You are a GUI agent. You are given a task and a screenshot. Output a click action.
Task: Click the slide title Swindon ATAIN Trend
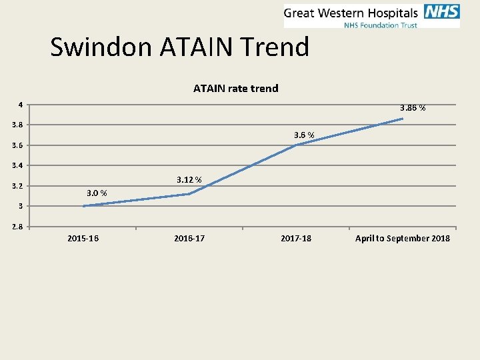180,47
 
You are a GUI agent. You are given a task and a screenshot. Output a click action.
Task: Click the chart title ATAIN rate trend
236,88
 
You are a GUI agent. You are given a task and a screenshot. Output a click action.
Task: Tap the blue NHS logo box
441,13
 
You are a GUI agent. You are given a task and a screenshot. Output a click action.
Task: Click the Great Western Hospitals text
351,13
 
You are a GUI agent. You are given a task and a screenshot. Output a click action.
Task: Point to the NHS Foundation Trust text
380,25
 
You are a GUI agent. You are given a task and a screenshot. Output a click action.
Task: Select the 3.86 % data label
413,107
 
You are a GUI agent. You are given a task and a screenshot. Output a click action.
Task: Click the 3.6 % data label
304,135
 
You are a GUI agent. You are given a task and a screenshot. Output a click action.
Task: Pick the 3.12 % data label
189,179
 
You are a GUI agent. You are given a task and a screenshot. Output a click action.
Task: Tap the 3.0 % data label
97,193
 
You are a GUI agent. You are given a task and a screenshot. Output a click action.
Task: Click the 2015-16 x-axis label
83,238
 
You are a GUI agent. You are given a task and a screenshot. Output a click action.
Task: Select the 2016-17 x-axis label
189,238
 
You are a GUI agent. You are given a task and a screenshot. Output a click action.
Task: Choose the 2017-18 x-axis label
296,238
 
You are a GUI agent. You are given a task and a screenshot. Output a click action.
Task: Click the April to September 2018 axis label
403,238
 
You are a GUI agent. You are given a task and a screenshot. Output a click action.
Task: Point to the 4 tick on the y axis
21,105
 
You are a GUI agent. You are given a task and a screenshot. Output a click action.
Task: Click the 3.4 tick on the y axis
17,165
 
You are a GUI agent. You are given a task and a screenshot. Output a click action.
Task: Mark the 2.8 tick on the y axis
17,227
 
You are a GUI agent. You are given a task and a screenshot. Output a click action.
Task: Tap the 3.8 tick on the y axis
17,125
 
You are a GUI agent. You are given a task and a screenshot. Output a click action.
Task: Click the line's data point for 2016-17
189,194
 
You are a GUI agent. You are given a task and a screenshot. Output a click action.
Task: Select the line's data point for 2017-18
296,145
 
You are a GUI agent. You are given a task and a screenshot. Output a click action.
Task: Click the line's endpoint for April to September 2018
403,119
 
